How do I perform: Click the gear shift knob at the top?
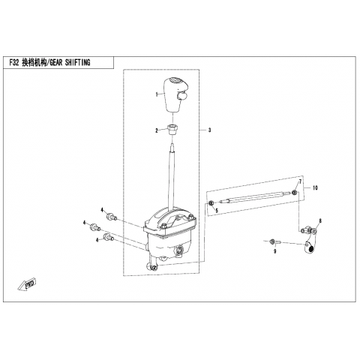(175, 95)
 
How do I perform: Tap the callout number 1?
(157, 94)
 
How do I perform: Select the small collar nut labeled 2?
(172, 129)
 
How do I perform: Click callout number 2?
(157, 130)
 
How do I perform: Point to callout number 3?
(209, 130)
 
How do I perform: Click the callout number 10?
(315, 187)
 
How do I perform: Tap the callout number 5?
(217, 211)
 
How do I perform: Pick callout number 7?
(300, 181)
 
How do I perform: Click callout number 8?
(320, 220)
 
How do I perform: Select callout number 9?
(275, 251)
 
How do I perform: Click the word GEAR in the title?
(56, 63)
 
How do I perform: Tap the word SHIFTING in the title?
(77, 63)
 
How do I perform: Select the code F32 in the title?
(14, 63)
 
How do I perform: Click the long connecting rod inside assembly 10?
(255, 196)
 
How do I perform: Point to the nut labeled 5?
(211, 202)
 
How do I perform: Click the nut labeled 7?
(295, 192)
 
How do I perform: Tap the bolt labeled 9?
(275, 241)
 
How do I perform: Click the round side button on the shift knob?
(181, 96)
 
